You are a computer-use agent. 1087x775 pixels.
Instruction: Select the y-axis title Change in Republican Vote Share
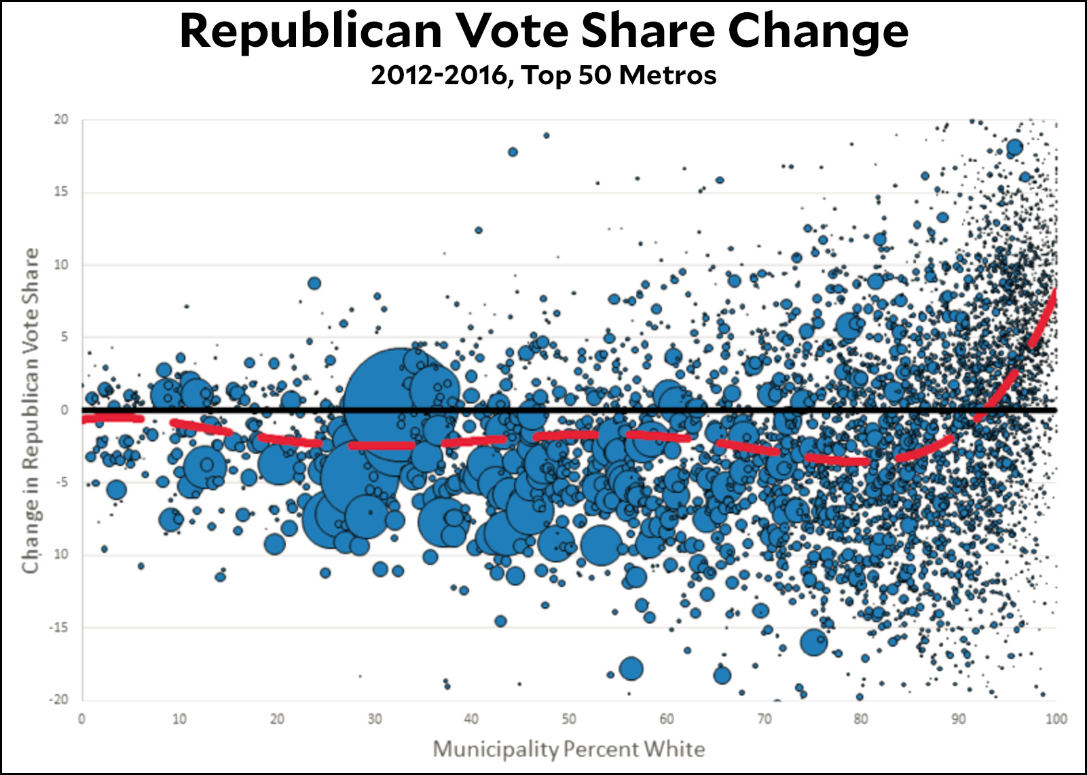pyautogui.click(x=31, y=410)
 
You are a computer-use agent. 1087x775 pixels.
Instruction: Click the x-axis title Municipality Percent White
pyautogui.click(x=569, y=749)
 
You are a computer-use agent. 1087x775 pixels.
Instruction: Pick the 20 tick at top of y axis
pyautogui.click(x=61, y=120)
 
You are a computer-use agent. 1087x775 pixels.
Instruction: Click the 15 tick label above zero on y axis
pyautogui.click(x=61, y=192)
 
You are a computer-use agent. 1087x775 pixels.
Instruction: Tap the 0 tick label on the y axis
pyautogui.click(x=65, y=410)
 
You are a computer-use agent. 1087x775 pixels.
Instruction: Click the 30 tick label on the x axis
pyautogui.click(x=374, y=719)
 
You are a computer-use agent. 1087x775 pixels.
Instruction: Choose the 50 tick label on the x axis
pyautogui.click(x=569, y=719)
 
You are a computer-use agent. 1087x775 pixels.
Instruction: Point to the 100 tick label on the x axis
pyautogui.click(x=1056, y=719)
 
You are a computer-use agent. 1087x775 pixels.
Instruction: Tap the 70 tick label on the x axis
pyautogui.click(x=764, y=719)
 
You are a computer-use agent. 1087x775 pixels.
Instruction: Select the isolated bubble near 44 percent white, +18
pyautogui.click(x=513, y=152)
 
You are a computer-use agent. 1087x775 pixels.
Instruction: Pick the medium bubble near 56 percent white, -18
pyautogui.click(x=631, y=669)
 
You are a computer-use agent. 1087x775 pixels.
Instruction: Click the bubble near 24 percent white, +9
pyautogui.click(x=314, y=283)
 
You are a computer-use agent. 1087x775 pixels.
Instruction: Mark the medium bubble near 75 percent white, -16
pyautogui.click(x=814, y=642)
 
